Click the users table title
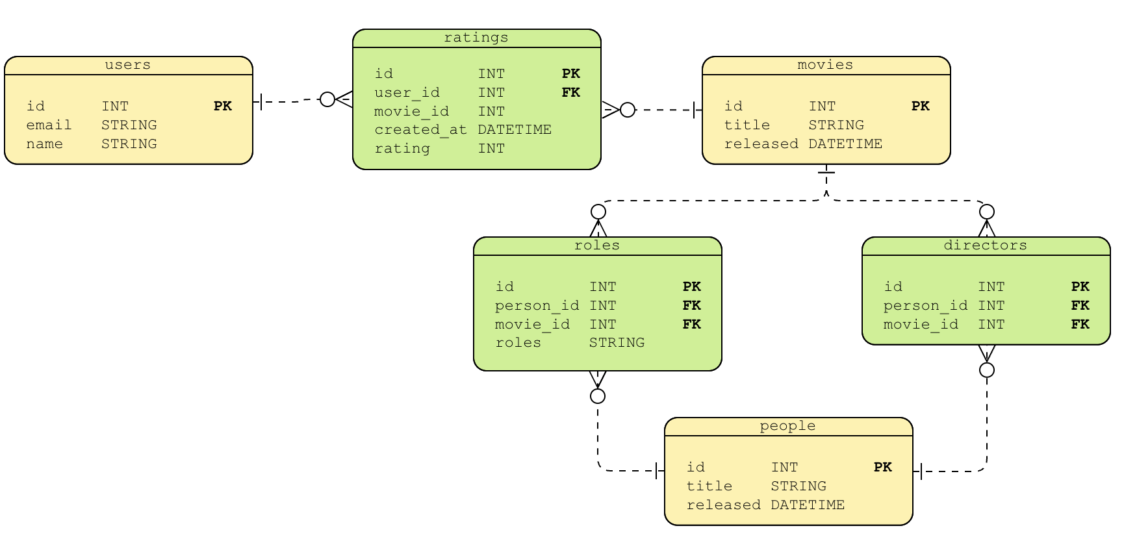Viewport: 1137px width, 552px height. point(127,65)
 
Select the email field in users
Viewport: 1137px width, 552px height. point(49,125)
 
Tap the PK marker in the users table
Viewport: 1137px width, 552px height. point(222,106)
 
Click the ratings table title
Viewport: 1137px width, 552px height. point(476,38)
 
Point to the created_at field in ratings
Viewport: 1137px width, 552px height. point(420,129)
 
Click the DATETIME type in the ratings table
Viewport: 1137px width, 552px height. point(514,129)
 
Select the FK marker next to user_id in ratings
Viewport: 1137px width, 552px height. point(570,92)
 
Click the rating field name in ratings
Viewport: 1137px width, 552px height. point(402,148)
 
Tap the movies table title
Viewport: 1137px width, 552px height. point(824,65)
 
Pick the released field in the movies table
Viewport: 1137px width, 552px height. point(761,144)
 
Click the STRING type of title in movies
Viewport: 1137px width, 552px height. point(836,125)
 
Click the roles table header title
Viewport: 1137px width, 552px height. point(596,245)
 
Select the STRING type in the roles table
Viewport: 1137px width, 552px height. point(617,342)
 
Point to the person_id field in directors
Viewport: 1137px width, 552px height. point(925,305)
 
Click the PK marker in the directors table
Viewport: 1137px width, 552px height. point(1080,286)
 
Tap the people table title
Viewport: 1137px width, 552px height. point(787,426)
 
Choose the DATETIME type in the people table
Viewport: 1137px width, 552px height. point(808,505)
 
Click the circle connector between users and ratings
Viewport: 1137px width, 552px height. point(327,99)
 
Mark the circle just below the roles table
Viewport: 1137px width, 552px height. point(598,396)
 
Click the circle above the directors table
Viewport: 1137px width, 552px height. point(986,212)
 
